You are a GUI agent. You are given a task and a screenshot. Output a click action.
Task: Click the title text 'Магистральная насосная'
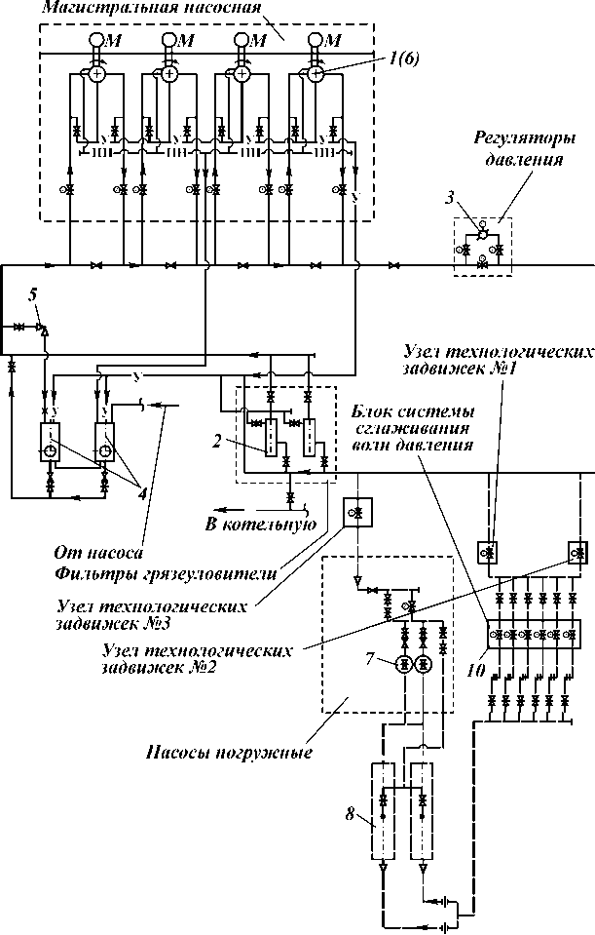pyautogui.click(x=152, y=8)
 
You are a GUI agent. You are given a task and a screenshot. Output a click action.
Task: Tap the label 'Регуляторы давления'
pyautogui.click(x=525, y=150)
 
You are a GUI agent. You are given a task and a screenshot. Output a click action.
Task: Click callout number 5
pyautogui.click(x=33, y=294)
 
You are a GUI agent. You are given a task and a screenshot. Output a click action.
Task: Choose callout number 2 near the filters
pyautogui.click(x=217, y=442)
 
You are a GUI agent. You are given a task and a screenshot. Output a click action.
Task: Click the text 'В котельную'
pyautogui.click(x=260, y=525)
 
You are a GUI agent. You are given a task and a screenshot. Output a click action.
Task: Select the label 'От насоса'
pyautogui.click(x=99, y=553)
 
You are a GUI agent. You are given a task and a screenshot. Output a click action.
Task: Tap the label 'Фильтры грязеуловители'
pyautogui.click(x=166, y=574)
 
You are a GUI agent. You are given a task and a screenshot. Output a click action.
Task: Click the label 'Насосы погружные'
pyautogui.click(x=229, y=752)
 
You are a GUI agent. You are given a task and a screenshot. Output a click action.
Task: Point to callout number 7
pyautogui.click(x=370, y=659)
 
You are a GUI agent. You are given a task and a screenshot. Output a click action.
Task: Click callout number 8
pyautogui.click(x=351, y=813)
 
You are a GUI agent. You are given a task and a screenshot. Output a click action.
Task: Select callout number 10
pyautogui.click(x=475, y=672)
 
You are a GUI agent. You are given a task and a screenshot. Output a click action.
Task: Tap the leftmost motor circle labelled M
pyautogui.click(x=96, y=40)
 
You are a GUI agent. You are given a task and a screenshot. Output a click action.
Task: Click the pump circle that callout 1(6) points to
pyautogui.click(x=316, y=74)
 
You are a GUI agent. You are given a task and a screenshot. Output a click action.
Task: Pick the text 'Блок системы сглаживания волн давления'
pyautogui.click(x=413, y=428)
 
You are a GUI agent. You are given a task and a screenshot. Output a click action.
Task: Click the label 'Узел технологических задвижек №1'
pyautogui.click(x=499, y=359)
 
